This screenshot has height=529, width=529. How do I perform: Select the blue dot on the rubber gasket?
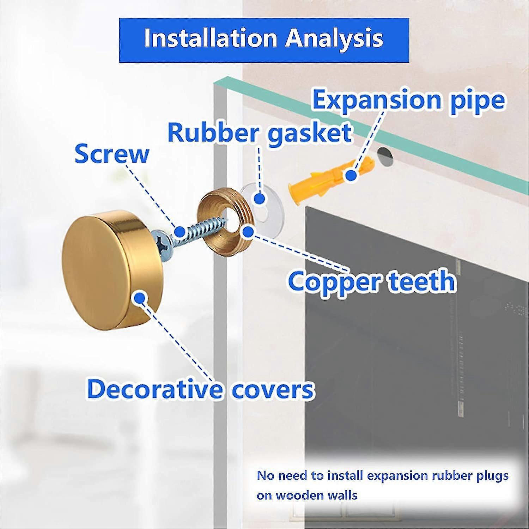(x=260, y=199)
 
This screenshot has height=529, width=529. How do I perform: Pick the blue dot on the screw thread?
(x=180, y=232)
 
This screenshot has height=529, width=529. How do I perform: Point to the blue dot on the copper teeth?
(x=249, y=232)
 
